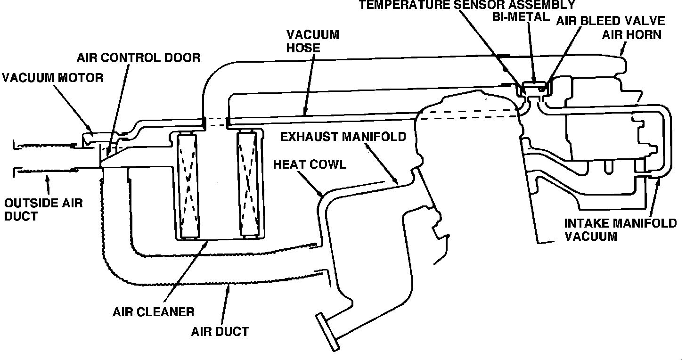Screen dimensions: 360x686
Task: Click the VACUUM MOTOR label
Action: tap(52, 77)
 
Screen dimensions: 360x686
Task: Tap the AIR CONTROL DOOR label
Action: tap(139, 57)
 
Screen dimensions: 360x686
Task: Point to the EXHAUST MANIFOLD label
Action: tap(343, 137)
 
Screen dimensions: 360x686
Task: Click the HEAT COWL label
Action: tap(310, 164)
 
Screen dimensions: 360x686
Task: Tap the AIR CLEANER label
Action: tap(154, 311)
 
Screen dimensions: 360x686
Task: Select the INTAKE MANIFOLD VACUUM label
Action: tap(620, 229)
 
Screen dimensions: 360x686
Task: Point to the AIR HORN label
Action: tap(631, 35)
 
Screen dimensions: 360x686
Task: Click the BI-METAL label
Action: tap(520, 17)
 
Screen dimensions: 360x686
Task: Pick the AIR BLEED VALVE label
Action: tap(611, 21)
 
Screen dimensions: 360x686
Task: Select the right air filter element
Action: tap(249, 184)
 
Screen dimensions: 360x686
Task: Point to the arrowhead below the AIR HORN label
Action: tap(624, 47)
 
